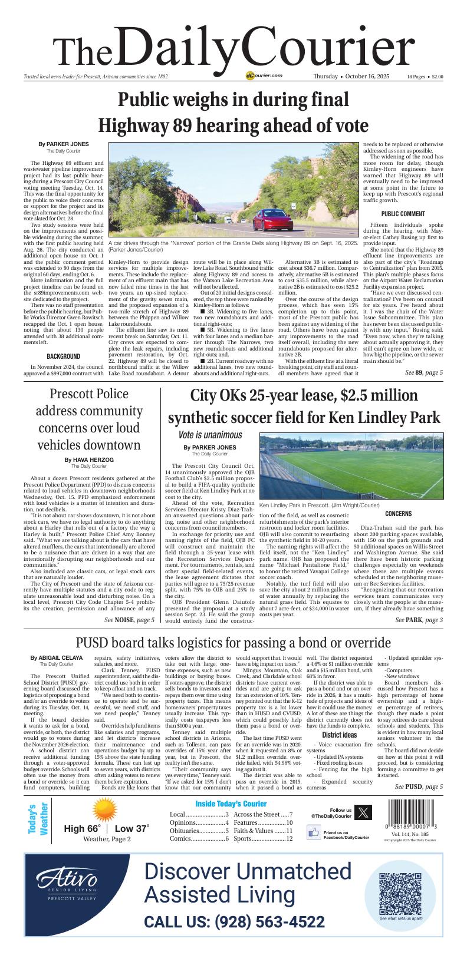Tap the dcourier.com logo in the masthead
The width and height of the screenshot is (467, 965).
click(264, 76)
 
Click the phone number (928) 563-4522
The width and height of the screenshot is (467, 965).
click(234, 922)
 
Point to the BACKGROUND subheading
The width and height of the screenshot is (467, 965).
click(63, 356)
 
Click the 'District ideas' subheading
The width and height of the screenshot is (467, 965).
click(339, 735)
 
